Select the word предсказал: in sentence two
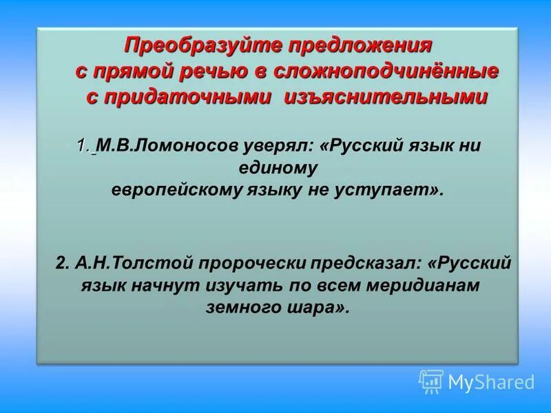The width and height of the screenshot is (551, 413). [x=365, y=264]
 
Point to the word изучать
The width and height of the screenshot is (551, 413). [x=233, y=285]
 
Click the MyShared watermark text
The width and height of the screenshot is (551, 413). [x=491, y=381]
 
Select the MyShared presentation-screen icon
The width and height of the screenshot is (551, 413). [x=431, y=381]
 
